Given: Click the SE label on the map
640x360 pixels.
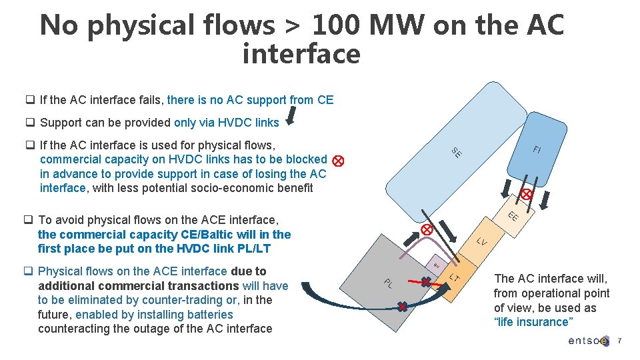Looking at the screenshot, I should click(x=457, y=152).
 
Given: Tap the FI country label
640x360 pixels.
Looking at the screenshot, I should click(x=537, y=149).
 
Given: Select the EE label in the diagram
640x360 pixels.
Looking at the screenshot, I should click(x=513, y=216).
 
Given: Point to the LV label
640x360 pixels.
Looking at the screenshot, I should click(x=482, y=242).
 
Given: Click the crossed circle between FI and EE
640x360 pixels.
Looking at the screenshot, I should click(x=526, y=195).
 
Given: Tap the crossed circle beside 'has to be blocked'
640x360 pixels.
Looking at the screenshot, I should click(x=338, y=161).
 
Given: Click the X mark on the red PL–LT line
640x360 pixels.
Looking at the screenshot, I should click(x=425, y=283).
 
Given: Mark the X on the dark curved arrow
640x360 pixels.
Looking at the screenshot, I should click(x=402, y=307).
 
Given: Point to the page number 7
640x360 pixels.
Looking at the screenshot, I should click(x=619, y=341).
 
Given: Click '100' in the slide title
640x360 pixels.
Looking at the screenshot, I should click(x=338, y=25).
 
